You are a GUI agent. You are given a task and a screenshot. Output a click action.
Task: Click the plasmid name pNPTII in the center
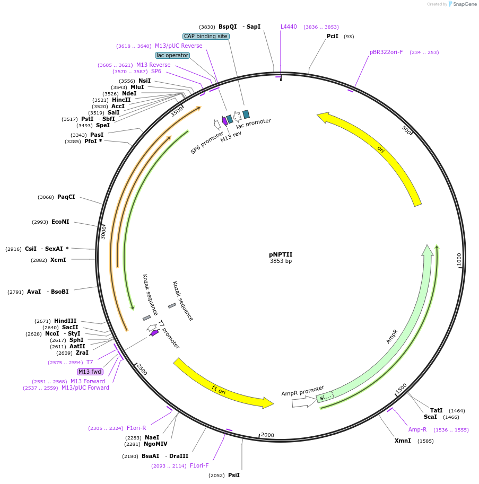point(280,254)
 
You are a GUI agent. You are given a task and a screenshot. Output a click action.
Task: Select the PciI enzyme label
point(333,37)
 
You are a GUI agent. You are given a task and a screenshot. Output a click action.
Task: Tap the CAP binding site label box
point(206,37)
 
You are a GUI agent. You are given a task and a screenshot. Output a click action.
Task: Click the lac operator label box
point(172,55)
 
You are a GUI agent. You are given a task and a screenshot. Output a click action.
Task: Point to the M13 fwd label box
point(90,372)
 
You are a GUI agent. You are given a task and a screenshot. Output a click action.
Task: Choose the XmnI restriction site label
point(403,441)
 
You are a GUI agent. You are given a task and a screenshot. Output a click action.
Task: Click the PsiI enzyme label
point(234,475)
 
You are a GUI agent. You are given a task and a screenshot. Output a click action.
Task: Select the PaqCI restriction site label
point(66,197)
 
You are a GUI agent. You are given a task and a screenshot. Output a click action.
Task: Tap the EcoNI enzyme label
point(60,222)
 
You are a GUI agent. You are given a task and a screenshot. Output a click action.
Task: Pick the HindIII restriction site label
point(65,321)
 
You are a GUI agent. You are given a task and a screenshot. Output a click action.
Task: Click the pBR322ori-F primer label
point(386,52)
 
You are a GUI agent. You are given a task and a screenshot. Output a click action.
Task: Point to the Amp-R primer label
point(417,429)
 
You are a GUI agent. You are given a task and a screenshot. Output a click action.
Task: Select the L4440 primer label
point(289,27)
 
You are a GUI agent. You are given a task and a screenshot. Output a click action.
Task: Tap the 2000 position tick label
point(267,435)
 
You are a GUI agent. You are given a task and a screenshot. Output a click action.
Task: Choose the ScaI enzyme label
point(430,417)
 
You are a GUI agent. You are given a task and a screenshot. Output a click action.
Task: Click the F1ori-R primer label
point(136,428)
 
